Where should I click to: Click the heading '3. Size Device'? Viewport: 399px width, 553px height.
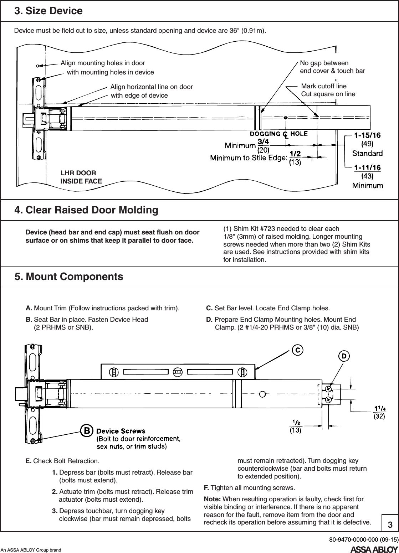(48, 11)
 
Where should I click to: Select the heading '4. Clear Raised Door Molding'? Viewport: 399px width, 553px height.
(86, 210)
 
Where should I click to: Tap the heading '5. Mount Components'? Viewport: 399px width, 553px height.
(69, 276)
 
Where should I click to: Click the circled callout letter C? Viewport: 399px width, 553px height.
(298, 350)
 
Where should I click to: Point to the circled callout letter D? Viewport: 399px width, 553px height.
(344, 356)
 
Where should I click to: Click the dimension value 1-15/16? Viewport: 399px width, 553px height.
(367, 135)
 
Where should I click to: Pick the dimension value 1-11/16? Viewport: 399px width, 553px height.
(367, 167)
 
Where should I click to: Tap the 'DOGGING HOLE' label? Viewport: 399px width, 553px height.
(278, 134)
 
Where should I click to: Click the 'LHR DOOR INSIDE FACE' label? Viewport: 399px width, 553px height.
(81, 177)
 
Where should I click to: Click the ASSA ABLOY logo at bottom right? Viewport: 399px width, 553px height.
(374, 548)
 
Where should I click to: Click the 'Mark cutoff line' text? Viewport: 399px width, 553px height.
(324, 86)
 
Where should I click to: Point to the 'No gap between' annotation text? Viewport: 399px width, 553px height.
(324, 63)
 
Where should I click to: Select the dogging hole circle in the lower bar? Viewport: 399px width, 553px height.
(262, 394)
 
